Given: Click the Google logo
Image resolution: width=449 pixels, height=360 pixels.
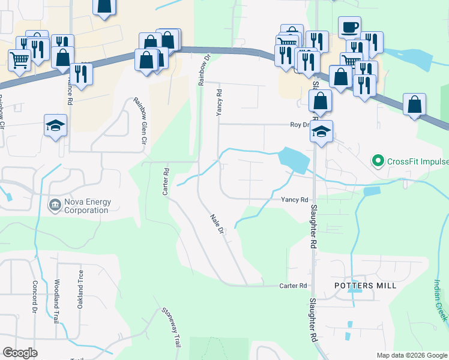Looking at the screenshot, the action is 20,353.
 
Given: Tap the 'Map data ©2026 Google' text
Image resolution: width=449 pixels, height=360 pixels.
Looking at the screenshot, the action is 411,355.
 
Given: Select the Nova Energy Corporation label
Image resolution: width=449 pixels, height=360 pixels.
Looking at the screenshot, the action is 79,206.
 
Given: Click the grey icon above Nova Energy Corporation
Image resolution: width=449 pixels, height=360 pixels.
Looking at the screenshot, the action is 54,205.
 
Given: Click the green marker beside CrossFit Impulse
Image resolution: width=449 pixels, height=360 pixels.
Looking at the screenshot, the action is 378,161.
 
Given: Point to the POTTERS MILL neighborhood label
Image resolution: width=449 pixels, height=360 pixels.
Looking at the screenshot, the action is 366,286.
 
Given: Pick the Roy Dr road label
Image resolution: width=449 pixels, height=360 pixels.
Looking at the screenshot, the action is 299,125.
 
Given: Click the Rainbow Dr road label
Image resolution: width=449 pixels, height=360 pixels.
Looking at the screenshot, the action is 204,70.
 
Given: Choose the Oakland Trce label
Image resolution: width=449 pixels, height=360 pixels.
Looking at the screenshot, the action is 80,289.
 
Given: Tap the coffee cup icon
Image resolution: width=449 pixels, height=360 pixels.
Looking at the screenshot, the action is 349,27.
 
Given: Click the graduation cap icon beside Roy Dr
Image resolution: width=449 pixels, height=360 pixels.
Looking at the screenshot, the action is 322,131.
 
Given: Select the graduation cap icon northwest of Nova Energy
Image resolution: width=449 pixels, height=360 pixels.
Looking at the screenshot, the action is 56,125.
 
